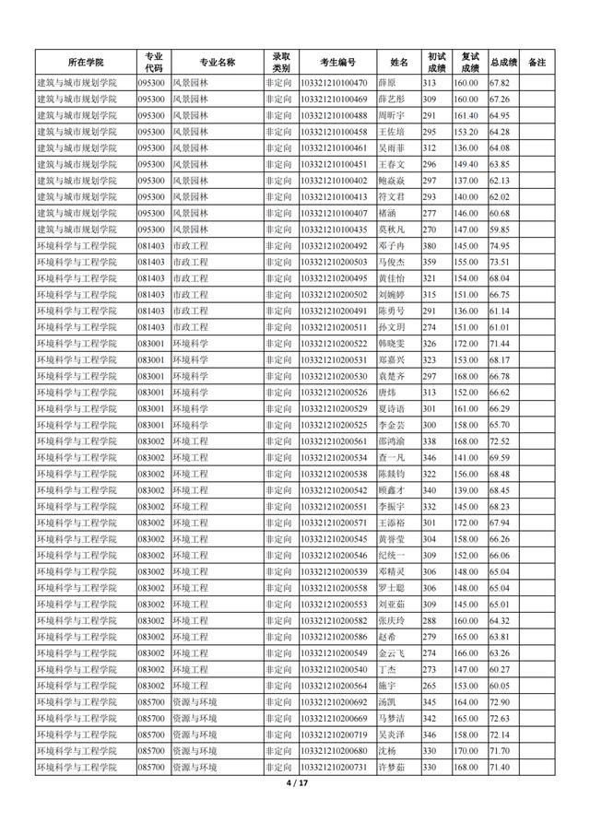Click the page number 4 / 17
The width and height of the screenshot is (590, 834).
click(x=295, y=783)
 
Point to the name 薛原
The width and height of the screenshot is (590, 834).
click(x=387, y=83)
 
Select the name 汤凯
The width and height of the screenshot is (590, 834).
click(x=387, y=702)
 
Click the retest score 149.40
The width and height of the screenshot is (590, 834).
click(x=466, y=164)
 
